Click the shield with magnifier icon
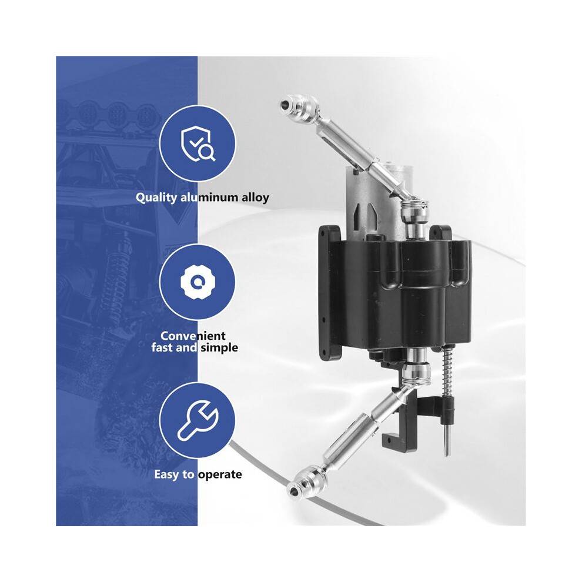click(x=198, y=145)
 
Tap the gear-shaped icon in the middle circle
click(x=198, y=282)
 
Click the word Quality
click(x=156, y=198)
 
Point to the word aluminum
click(x=209, y=197)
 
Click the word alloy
click(x=255, y=198)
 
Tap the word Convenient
click(x=193, y=336)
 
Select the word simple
click(x=219, y=348)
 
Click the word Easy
click(x=167, y=475)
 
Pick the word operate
click(x=220, y=475)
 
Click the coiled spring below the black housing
click(x=447, y=372)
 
